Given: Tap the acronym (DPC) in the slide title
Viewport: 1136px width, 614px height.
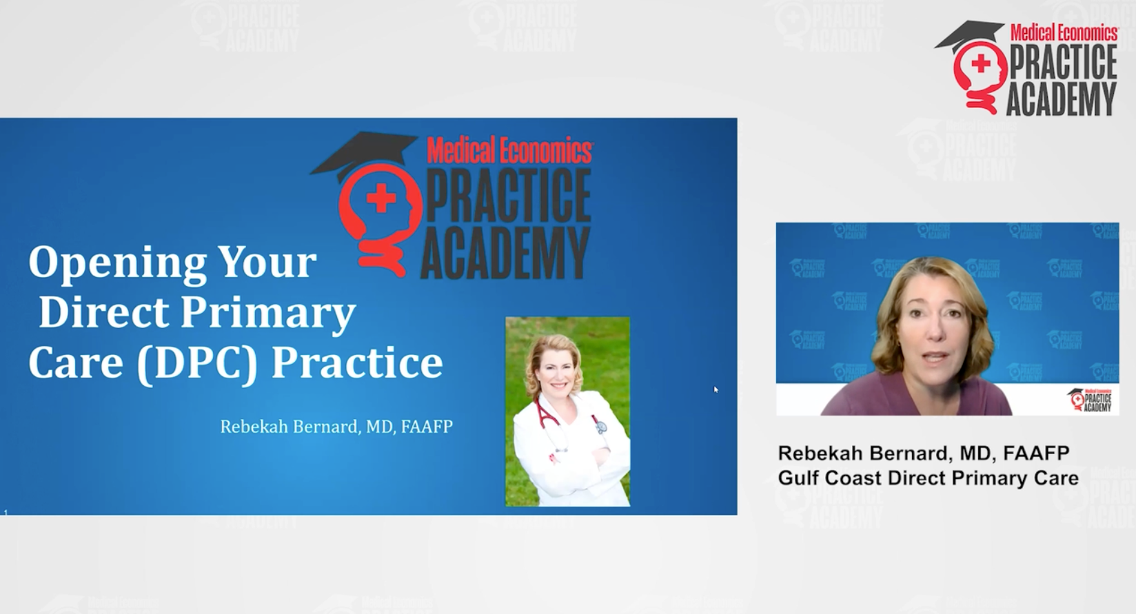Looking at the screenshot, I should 196,363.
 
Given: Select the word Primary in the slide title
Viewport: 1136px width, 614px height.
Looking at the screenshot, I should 268,313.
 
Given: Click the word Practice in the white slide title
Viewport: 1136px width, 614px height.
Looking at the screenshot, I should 356,363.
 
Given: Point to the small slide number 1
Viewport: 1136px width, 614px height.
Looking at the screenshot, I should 6,512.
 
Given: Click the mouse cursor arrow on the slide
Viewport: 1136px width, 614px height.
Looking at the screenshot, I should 716,389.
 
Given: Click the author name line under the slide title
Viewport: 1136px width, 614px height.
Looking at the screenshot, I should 336,427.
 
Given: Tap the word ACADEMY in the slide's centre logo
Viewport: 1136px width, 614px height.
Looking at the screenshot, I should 505,254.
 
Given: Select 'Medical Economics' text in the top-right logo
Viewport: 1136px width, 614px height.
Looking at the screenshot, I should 1064,32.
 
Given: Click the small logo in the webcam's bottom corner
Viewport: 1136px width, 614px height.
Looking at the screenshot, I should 1090,400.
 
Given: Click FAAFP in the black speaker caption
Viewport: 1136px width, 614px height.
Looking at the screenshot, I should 1036,453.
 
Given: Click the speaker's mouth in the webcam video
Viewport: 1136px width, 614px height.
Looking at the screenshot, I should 935,358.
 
